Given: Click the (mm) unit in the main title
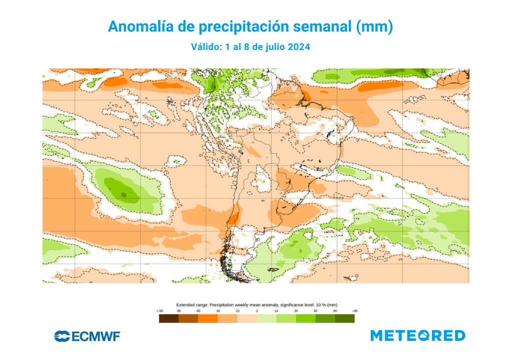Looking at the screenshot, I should click(374, 27).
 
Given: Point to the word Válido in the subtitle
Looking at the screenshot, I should click(206, 47).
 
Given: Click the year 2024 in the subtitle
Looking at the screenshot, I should click(298, 47).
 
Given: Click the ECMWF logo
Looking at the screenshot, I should click(87, 336).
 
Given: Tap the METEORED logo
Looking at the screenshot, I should click(418, 336).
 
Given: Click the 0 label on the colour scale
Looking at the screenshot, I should click(257, 311).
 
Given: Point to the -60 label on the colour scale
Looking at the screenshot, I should click(198, 311).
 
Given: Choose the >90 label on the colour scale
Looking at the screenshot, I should click(354, 311).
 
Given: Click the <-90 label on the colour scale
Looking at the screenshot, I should click(159, 311).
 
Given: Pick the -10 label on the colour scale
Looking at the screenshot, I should click(237, 311).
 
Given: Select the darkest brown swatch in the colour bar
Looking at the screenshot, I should click(168, 318).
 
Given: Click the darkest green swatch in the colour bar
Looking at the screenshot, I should click(344, 318).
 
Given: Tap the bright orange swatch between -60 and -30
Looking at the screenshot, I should click(207, 318).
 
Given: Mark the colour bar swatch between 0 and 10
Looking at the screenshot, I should click(266, 318).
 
